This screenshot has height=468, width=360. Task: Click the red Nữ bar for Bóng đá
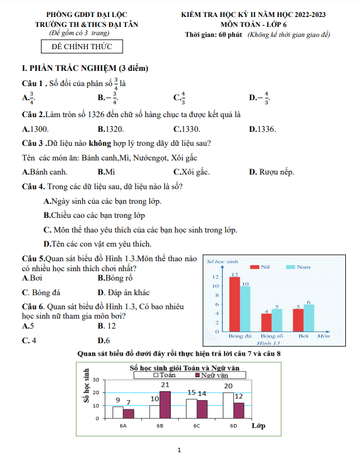click(234, 304)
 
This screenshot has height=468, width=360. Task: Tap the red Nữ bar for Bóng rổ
click(266, 322)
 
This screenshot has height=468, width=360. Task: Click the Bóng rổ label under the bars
click(271, 337)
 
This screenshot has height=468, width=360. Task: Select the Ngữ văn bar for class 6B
click(165, 404)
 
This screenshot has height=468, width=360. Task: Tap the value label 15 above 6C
click(191, 392)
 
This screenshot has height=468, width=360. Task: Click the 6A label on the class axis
click(123, 426)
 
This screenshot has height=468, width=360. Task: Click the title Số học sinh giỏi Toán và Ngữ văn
click(188, 367)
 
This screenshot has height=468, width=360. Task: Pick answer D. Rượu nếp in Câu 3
click(271, 172)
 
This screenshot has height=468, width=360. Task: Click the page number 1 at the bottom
click(179, 450)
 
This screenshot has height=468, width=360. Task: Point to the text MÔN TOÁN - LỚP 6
click(258, 25)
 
